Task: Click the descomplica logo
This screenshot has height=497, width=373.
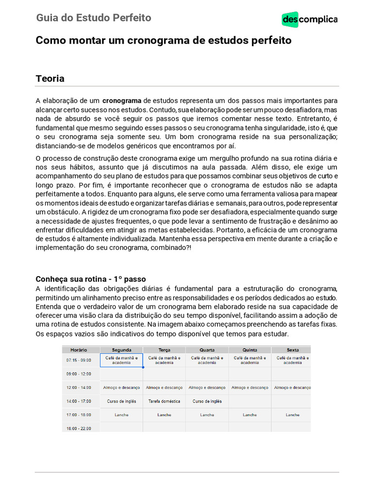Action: [309, 19]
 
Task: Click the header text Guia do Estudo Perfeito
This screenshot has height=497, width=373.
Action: [93, 18]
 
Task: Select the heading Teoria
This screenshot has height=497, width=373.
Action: [50, 79]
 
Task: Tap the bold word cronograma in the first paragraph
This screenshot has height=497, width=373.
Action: [121, 101]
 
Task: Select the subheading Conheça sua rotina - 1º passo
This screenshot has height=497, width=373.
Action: [90, 279]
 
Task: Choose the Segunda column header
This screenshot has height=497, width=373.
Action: [121, 349]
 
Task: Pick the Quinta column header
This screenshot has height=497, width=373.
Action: [250, 349]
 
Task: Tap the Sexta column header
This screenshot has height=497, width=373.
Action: [292, 349]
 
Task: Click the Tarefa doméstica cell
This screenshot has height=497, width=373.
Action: [164, 401]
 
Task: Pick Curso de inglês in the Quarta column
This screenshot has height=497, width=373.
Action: [207, 401]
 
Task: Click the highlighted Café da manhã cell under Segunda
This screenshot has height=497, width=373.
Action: [121, 360]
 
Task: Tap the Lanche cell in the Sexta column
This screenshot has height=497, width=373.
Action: [292, 415]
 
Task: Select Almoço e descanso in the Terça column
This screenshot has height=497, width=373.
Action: [164, 388]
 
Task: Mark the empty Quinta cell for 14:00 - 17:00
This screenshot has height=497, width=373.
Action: [250, 401]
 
